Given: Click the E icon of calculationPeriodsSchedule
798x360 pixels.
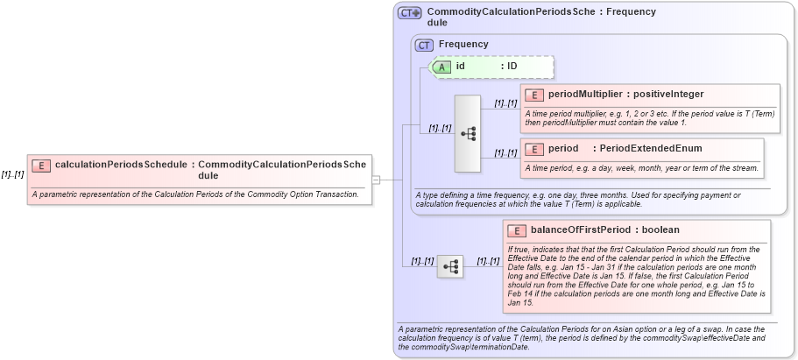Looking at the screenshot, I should pos(41,165).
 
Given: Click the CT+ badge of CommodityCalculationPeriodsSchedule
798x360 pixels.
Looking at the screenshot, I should pos(409,13).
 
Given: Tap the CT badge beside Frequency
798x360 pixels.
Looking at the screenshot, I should pos(425,45).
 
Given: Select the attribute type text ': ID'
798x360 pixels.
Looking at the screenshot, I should pos(509,66).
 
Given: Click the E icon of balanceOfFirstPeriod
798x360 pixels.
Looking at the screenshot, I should pos(518,230).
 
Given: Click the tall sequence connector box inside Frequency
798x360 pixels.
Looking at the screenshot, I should pos(469,133).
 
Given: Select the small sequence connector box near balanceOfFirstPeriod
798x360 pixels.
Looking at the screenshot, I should pos(450,265).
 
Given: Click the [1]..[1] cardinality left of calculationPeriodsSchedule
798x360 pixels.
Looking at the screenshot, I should pos(12,174).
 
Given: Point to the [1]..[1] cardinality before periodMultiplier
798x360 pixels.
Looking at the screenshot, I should pos(505,102).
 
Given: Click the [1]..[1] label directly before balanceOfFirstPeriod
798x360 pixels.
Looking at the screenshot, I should pos(489,261).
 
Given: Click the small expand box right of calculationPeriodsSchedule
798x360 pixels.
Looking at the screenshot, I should pos(376,180).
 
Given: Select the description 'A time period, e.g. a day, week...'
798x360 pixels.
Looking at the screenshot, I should pos(641,167).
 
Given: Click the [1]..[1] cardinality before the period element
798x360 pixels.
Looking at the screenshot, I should pos(505,152).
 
